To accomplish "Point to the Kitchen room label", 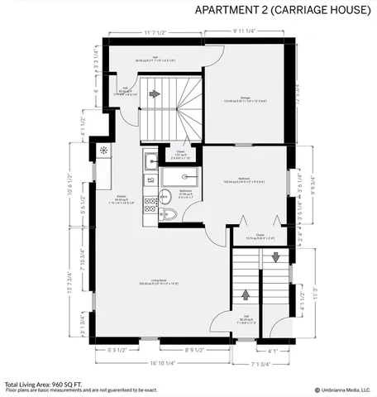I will (121, 198).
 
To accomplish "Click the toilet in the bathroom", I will (169, 213).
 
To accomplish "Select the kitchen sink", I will (150, 161).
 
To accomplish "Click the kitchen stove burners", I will (150, 203).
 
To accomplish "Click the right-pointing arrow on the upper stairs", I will (155, 94).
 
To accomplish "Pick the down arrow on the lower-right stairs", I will (275, 257).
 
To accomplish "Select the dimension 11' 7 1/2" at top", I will (155, 33).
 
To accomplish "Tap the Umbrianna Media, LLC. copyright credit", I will (341, 390).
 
